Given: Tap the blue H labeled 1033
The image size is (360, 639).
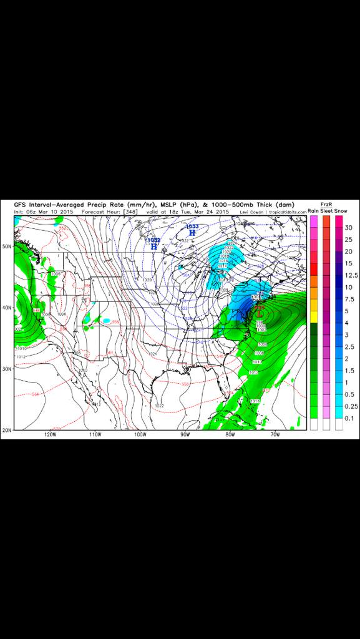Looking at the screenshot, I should tap(192, 233).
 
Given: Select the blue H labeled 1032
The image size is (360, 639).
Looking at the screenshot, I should tap(153, 246).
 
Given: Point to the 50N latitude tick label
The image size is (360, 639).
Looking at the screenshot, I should tap(7, 246).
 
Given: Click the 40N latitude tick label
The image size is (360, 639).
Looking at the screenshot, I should tap(7, 308).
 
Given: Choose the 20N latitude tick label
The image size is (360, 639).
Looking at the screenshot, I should tap(7, 430).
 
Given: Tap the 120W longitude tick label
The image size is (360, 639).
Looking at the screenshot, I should tap(50, 435).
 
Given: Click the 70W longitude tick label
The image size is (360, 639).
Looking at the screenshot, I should tap(275, 435).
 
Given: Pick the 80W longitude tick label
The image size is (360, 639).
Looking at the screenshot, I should tap(230, 435).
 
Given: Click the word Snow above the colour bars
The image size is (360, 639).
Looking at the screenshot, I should tap(340, 212).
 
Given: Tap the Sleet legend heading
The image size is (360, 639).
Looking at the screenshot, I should tap(326, 212).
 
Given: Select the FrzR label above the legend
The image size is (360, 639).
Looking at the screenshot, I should tap(326, 205).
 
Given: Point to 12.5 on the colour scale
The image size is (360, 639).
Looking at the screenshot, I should tap(351, 275).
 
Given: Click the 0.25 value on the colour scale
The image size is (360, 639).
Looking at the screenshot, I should tap(351, 406).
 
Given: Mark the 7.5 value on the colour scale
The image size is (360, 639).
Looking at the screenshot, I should tap(350, 299).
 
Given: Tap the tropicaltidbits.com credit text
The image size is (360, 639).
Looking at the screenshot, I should tap(287, 212).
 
